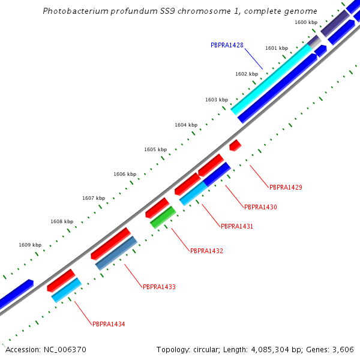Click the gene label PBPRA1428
227,45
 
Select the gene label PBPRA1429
286,187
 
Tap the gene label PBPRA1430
260,207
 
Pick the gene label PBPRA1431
237,227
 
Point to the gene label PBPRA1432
206,251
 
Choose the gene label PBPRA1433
159,287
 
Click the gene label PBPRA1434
109,324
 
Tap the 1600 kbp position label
306,22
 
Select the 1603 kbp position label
217,100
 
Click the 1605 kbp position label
155,149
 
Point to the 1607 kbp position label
94,198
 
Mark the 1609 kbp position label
30,245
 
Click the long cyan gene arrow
273,75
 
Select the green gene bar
163,217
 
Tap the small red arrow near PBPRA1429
235,145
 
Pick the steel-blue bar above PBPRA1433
116,253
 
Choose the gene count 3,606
344,349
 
